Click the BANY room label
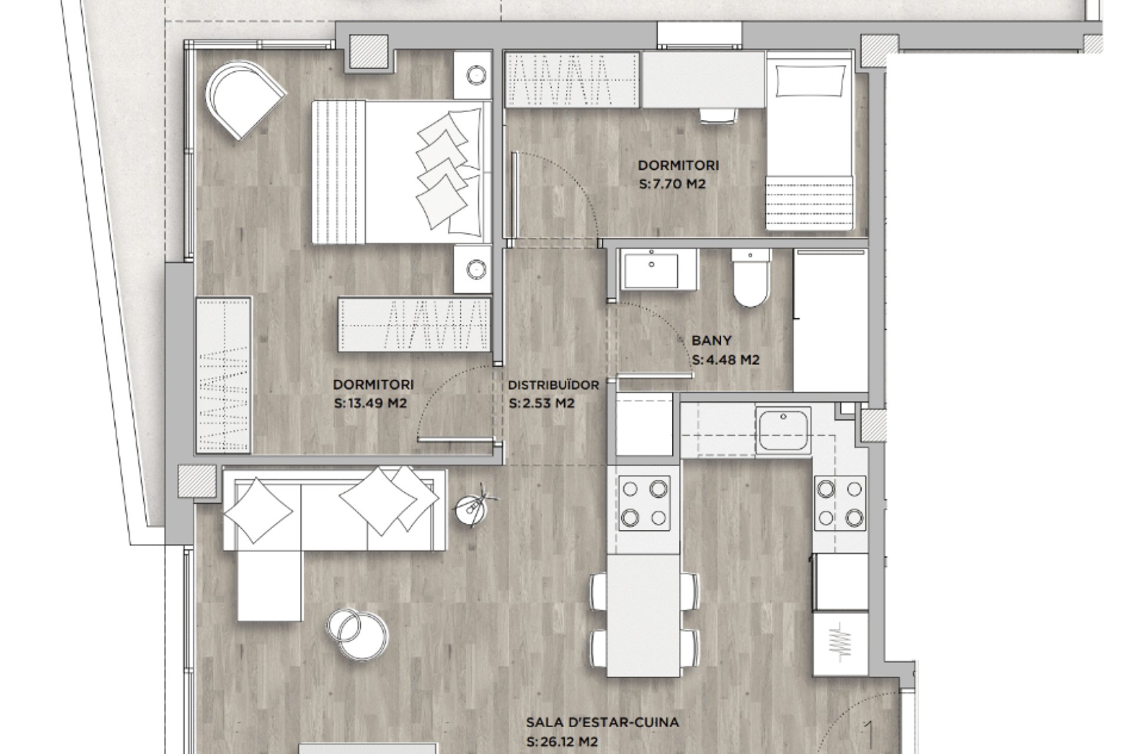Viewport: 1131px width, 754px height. tap(712, 340)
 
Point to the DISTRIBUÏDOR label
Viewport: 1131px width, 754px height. tap(553, 385)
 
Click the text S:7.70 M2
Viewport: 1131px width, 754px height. tap(672, 184)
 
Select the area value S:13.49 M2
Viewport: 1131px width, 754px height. tap(371, 404)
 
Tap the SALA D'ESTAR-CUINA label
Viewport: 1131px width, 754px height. tap(603, 722)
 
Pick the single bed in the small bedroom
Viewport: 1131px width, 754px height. tap(810, 141)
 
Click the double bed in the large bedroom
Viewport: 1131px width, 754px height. tap(402, 171)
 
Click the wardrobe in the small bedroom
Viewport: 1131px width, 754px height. tap(573, 80)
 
